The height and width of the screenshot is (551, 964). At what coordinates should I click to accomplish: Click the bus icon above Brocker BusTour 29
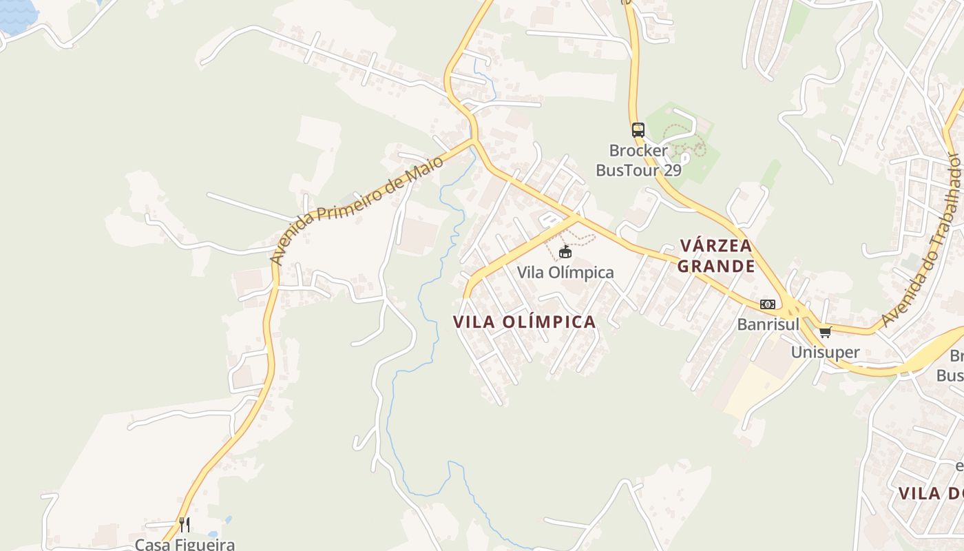pos(638,129)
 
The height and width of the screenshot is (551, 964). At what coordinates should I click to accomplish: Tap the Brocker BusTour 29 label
pos(638,160)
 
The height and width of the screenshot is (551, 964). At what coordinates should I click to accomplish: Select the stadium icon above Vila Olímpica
pos(565,252)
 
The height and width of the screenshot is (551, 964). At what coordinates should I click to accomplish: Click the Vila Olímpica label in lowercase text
pos(565,273)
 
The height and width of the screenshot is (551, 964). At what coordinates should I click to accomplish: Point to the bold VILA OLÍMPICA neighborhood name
pos(525,322)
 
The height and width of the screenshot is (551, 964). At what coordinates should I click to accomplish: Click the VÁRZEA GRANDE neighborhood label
pos(716,256)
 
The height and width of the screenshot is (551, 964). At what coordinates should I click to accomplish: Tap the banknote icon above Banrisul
pos(767,304)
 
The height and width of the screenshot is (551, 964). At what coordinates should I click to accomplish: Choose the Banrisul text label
pos(768,324)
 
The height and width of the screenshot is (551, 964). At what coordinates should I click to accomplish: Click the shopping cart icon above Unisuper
pos(825,333)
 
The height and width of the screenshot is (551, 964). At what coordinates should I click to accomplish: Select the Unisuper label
pos(825,353)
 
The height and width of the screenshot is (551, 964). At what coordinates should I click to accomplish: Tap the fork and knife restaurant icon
pos(185,525)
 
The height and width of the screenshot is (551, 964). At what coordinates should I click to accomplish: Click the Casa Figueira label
pos(185,544)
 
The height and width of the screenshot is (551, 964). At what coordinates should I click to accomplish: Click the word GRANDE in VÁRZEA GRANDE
pos(716,266)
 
